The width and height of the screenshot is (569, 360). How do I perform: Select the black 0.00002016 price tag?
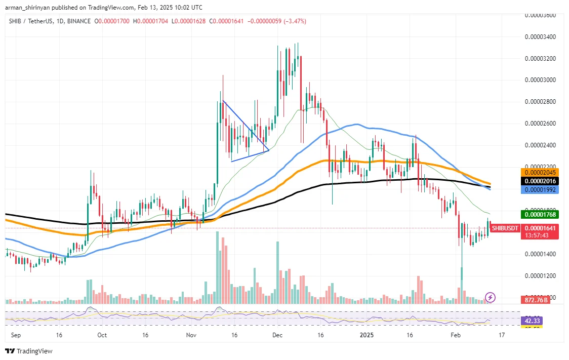tap(542, 181)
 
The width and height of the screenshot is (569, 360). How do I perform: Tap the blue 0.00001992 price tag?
tap(542, 189)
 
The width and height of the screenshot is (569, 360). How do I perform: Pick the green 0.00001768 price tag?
tap(542, 215)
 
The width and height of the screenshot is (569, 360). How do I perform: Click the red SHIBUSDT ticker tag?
tap(505, 228)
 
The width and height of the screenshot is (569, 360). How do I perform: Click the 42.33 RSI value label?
tap(532, 321)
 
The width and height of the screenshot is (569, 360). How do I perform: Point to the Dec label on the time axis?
tap(277, 335)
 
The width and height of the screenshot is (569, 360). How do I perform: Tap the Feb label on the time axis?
tap(456, 335)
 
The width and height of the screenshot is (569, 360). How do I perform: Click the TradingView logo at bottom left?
tap(29, 351)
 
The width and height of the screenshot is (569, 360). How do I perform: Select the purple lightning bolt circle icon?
tap(490, 297)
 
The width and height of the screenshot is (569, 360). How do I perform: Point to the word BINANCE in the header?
tap(77, 21)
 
